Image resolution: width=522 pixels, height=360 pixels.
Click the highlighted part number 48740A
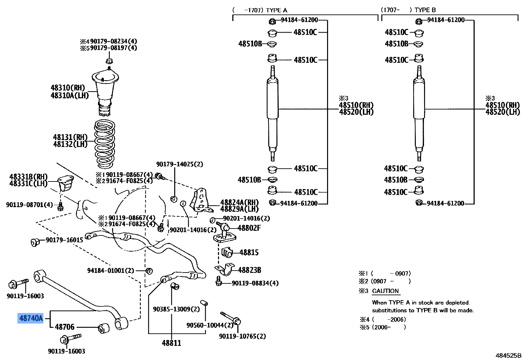tap(31, 318)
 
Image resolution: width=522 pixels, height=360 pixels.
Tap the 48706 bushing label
tap(65, 327)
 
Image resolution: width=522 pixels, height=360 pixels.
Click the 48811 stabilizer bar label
tap(171, 343)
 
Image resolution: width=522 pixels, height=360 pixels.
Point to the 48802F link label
tap(249, 228)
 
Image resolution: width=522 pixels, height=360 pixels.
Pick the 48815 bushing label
tap(249, 252)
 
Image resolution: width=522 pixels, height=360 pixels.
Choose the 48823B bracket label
tap(249, 270)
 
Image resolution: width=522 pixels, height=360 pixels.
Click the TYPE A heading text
tap(276, 10)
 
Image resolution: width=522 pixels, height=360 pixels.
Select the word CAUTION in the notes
tap(385, 291)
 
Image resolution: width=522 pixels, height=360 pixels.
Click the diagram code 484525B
tap(508, 355)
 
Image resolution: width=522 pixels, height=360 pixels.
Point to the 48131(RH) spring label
tap(70, 137)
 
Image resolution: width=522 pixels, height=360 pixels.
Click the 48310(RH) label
tap(68, 88)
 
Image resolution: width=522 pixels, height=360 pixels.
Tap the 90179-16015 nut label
tap(64, 240)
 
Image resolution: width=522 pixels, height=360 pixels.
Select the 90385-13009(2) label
tap(176, 309)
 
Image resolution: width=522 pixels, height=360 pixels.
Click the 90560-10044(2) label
tap(210, 325)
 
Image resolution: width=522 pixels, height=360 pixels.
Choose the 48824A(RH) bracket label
tap(239, 202)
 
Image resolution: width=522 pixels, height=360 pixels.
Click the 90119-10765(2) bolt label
tap(243, 336)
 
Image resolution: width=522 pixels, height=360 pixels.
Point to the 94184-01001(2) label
tap(111, 271)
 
